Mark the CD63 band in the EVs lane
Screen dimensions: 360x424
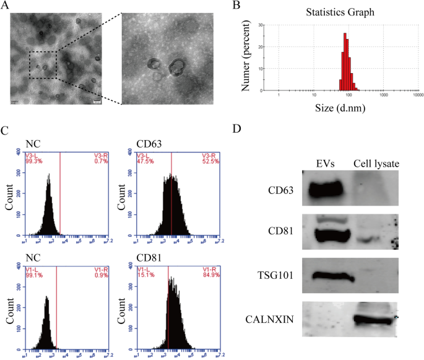[x=326, y=189]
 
